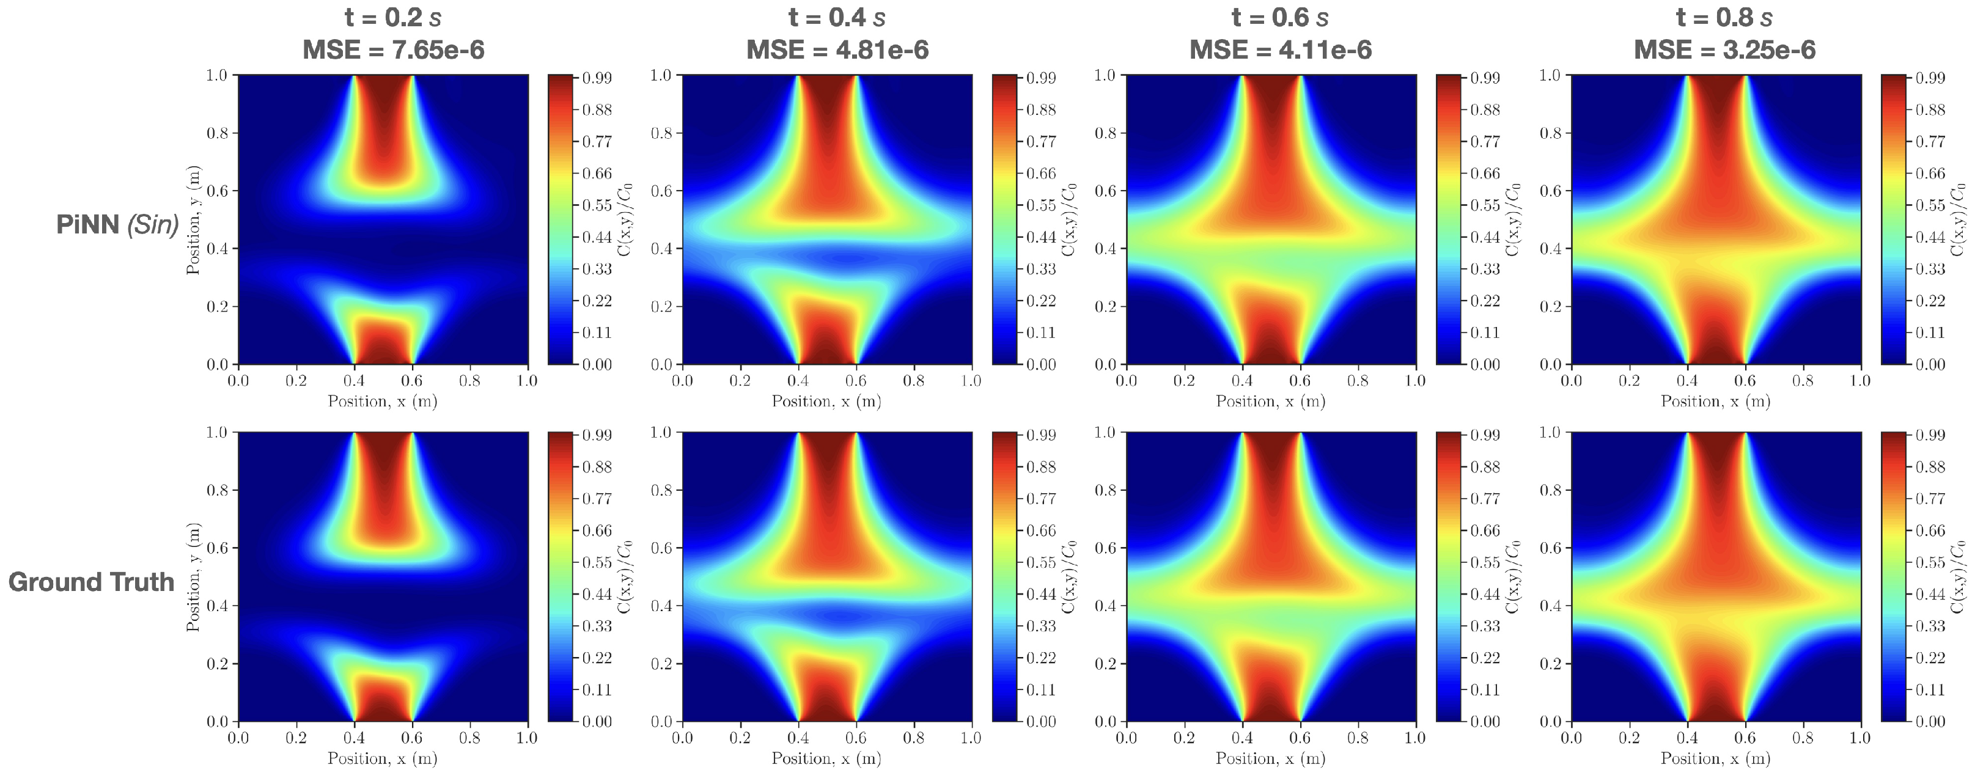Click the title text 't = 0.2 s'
click(393, 17)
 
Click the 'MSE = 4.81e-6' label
click(837, 50)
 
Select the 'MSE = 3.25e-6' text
click(1724, 50)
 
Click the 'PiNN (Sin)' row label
click(117, 224)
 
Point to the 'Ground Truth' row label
click(91, 582)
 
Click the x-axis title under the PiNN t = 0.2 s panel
click(383, 401)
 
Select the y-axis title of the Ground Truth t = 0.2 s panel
click(193, 576)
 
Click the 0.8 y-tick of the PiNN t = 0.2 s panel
click(217, 133)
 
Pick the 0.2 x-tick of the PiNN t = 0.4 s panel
click(740, 381)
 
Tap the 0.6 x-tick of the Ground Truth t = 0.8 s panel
click(1745, 738)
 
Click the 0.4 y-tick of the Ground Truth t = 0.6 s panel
click(1105, 606)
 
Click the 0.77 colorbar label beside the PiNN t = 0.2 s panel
click(597, 142)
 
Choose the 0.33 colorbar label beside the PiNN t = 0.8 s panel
click(1930, 269)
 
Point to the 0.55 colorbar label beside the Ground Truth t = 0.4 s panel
click(1040, 563)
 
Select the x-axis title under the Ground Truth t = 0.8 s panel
click(1715, 758)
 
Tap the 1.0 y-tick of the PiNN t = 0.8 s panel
click(1550, 75)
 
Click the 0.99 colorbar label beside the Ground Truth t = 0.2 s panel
click(597, 435)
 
